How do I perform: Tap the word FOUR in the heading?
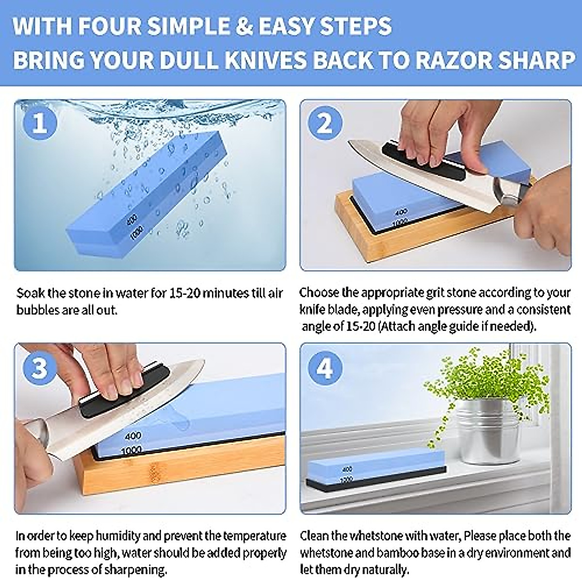point(106,26)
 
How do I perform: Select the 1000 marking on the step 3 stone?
point(131,451)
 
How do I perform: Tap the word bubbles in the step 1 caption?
point(37,310)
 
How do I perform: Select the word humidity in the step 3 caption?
point(115,536)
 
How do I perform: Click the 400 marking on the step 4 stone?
point(347,469)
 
